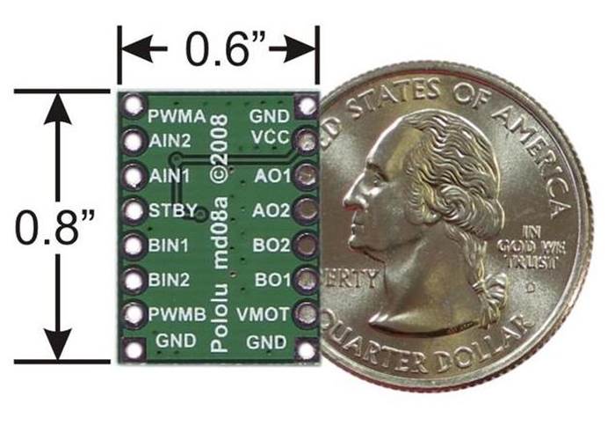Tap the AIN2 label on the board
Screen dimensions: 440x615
(x=170, y=140)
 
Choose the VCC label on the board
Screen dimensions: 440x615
(x=264, y=138)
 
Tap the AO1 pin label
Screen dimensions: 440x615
(x=271, y=175)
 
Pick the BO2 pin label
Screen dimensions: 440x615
(x=271, y=245)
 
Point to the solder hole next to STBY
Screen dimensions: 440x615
(x=134, y=210)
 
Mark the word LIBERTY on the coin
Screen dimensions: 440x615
(x=351, y=281)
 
